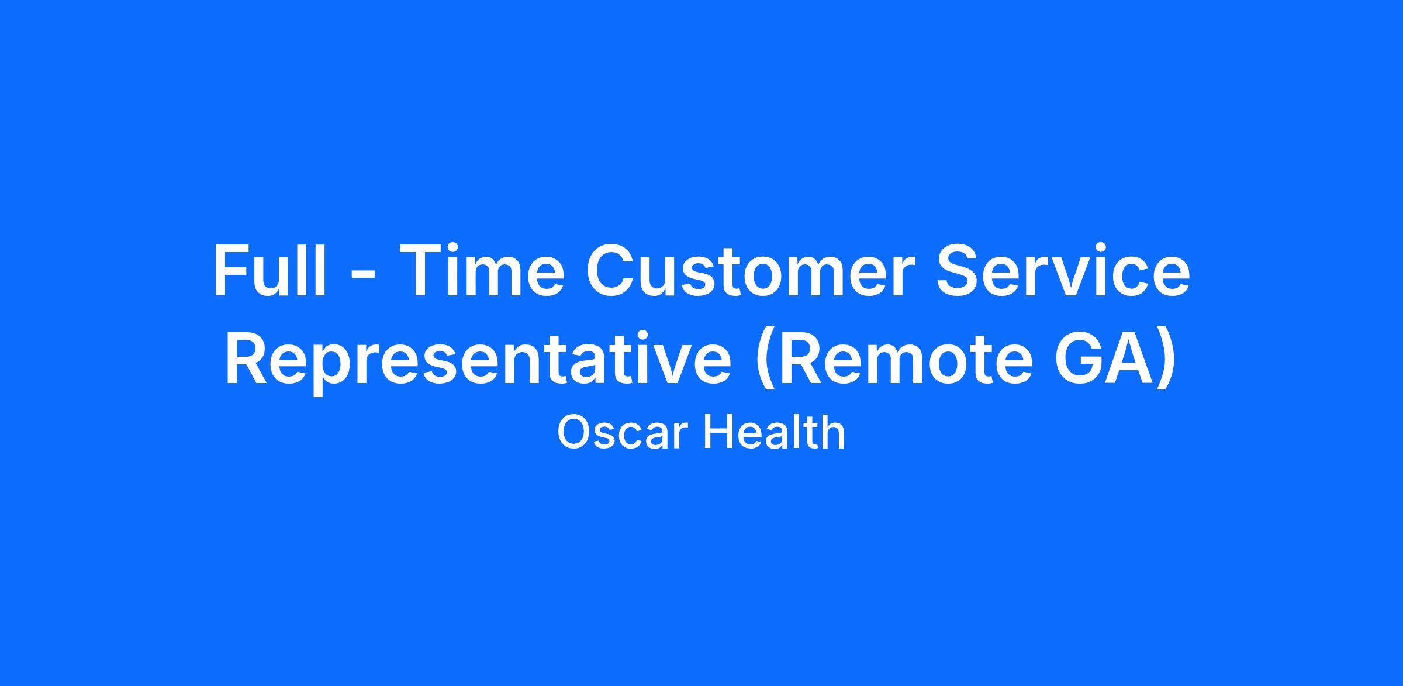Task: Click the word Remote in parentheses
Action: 894,358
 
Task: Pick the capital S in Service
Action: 959,270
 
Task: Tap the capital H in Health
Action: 717,433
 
